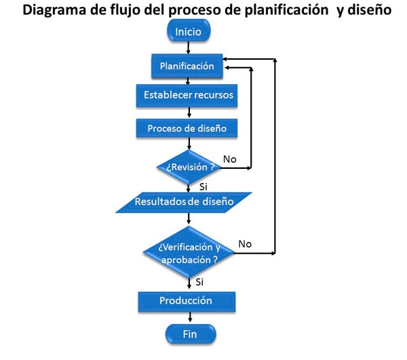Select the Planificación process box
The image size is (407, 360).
point(187,66)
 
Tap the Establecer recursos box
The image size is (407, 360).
point(187,95)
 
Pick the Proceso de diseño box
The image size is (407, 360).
point(187,127)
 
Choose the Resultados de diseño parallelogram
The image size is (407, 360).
point(185,201)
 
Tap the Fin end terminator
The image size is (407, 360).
point(189,334)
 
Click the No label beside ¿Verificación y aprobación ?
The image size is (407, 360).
point(245,243)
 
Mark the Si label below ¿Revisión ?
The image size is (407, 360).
point(203,186)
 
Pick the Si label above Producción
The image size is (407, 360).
point(199,281)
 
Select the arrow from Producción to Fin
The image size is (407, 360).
point(189,317)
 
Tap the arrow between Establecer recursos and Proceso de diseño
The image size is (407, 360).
point(189,112)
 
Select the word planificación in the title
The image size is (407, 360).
point(284,12)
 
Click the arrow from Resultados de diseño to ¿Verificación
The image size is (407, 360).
point(189,219)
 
